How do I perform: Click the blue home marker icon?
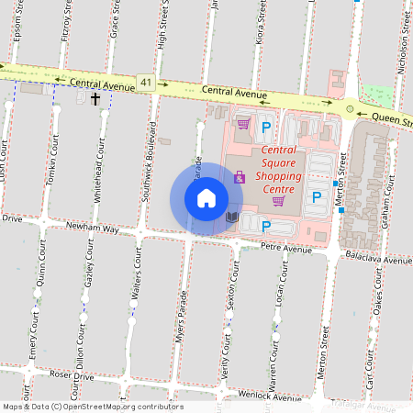[206, 198]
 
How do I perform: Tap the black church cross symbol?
[95, 95]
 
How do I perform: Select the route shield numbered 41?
[147, 83]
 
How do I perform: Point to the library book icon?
[232, 218]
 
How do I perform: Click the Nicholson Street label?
[404, 41]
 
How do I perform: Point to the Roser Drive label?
[72, 376]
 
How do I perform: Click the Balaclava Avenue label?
[384, 261]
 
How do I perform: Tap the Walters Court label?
[136, 280]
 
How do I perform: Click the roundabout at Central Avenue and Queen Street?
[349, 108]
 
